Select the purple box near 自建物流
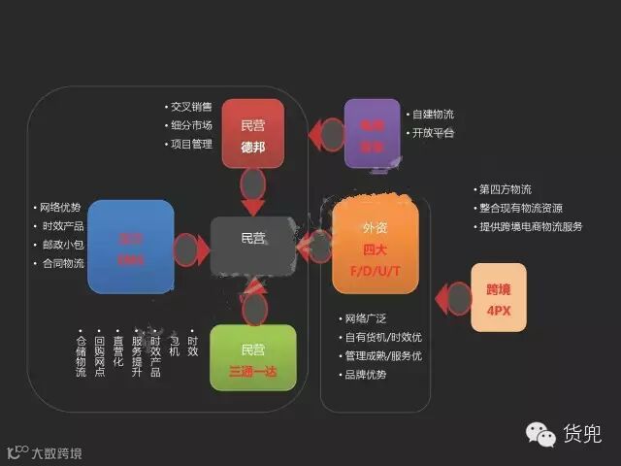(372, 133)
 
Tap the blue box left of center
(130, 247)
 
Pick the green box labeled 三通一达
(252, 356)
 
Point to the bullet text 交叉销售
(192, 107)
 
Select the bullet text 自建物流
(432, 114)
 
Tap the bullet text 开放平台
(432, 132)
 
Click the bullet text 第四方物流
(505, 188)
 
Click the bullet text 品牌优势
(364, 374)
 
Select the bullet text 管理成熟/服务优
(382, 355)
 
